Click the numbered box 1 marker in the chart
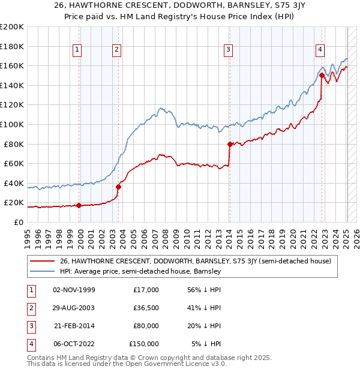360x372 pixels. point(78,50)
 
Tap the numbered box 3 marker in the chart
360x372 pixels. point(229,50)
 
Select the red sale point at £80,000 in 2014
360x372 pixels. point(230,144)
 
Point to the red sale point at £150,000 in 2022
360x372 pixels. point(322,76)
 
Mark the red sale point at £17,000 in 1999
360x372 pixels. point(79,206)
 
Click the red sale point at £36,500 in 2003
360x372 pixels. point(118,187)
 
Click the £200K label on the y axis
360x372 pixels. point(12,27)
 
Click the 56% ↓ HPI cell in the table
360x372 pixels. point(202,290)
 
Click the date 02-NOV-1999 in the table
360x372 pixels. point(74,290)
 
